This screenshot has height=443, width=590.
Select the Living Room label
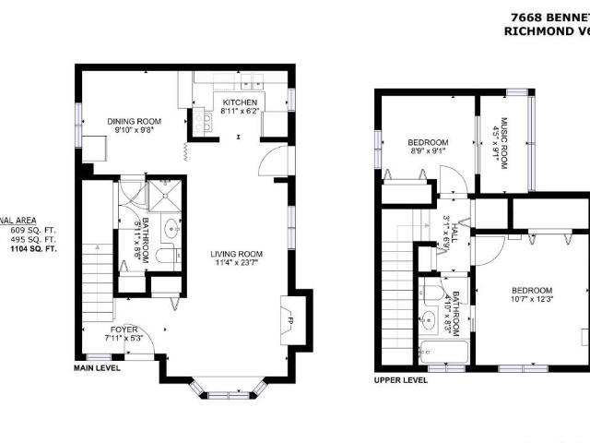coord(238,254)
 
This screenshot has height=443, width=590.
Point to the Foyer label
coord(124,327)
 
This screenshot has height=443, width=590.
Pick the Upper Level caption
coord(400,379)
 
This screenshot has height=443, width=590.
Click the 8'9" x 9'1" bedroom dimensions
coord(427,152)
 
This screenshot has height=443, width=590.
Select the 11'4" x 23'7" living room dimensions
coord(238,264)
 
